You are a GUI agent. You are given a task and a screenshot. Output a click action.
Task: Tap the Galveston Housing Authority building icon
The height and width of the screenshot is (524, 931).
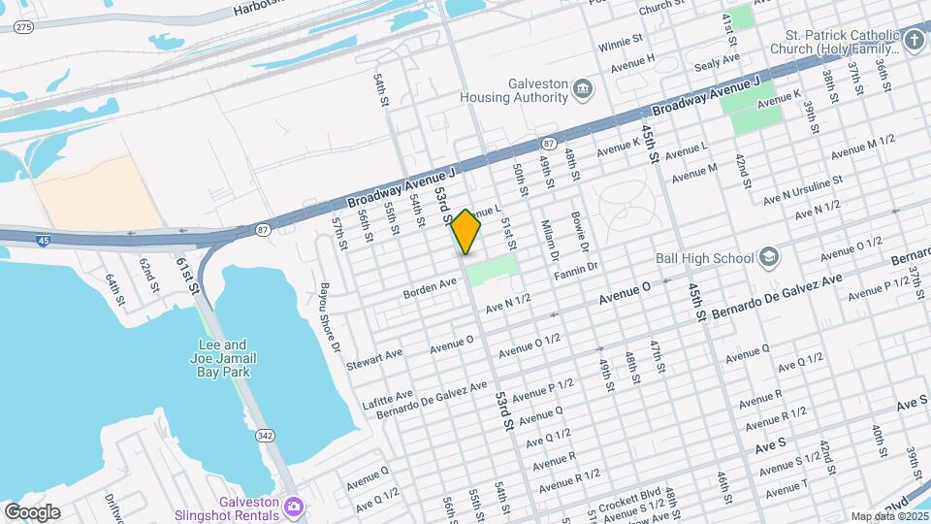[x=583, y=90]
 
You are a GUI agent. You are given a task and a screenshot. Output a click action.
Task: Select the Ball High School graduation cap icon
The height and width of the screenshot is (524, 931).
[x=769, y=258]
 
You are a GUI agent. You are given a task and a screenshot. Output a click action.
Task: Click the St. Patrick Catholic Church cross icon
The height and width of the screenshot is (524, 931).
[x=915, y=40]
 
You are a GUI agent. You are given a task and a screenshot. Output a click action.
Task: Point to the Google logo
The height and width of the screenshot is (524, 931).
[x=32, y=511]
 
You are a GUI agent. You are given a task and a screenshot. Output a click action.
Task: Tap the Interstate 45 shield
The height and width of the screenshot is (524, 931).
[x=43, y=240]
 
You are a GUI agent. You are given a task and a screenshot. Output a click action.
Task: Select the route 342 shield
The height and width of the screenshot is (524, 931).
[x=264, y=437]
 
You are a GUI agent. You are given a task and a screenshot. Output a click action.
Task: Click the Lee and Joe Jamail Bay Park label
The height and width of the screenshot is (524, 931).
[x=222, y=358]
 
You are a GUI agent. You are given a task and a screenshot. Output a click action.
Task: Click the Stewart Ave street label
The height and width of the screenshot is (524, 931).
[x=381, y=353]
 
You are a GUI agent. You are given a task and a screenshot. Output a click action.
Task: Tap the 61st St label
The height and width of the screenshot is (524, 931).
[x=187, y=276]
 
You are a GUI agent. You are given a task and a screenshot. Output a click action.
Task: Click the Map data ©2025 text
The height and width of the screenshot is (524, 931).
[x=886, y=516]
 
